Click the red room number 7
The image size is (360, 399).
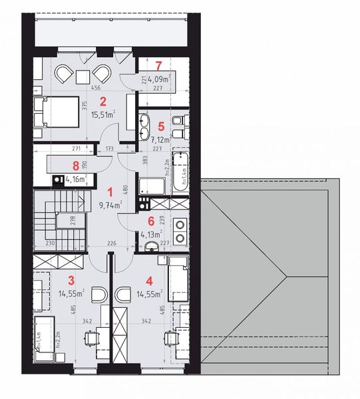158,65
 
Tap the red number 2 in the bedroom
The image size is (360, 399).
102,102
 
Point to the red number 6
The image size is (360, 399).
151,221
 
